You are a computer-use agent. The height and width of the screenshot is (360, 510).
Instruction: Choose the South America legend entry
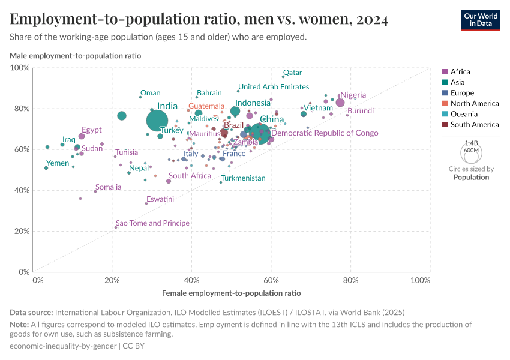tap(474, 125)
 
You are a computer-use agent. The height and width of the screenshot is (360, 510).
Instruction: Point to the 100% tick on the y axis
tap(20, 68)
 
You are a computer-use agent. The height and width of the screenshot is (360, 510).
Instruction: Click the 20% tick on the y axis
tap(22, 231)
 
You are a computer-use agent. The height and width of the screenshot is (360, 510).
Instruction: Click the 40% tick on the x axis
tap(191, 280)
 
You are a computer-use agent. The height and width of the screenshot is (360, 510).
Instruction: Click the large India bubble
tap(157, 120)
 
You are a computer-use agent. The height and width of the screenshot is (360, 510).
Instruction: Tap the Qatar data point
tap(283, 77)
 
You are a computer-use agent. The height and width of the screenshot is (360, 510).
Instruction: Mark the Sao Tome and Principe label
tap(152, 223)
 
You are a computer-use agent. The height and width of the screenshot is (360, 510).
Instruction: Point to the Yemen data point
tap(46, 168)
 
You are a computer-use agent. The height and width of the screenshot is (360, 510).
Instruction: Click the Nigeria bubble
tap(340, 103)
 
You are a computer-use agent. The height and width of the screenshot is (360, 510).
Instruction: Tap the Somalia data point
tap(95, 191)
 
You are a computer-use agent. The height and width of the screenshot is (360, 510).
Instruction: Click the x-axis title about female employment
tap(231, 293)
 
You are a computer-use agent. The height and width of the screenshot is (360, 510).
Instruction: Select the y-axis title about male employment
tap(76, 56)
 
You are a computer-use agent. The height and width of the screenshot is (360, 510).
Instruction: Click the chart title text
tap(199, 20)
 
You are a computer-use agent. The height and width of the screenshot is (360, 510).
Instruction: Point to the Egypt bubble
tap(82, 136)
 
